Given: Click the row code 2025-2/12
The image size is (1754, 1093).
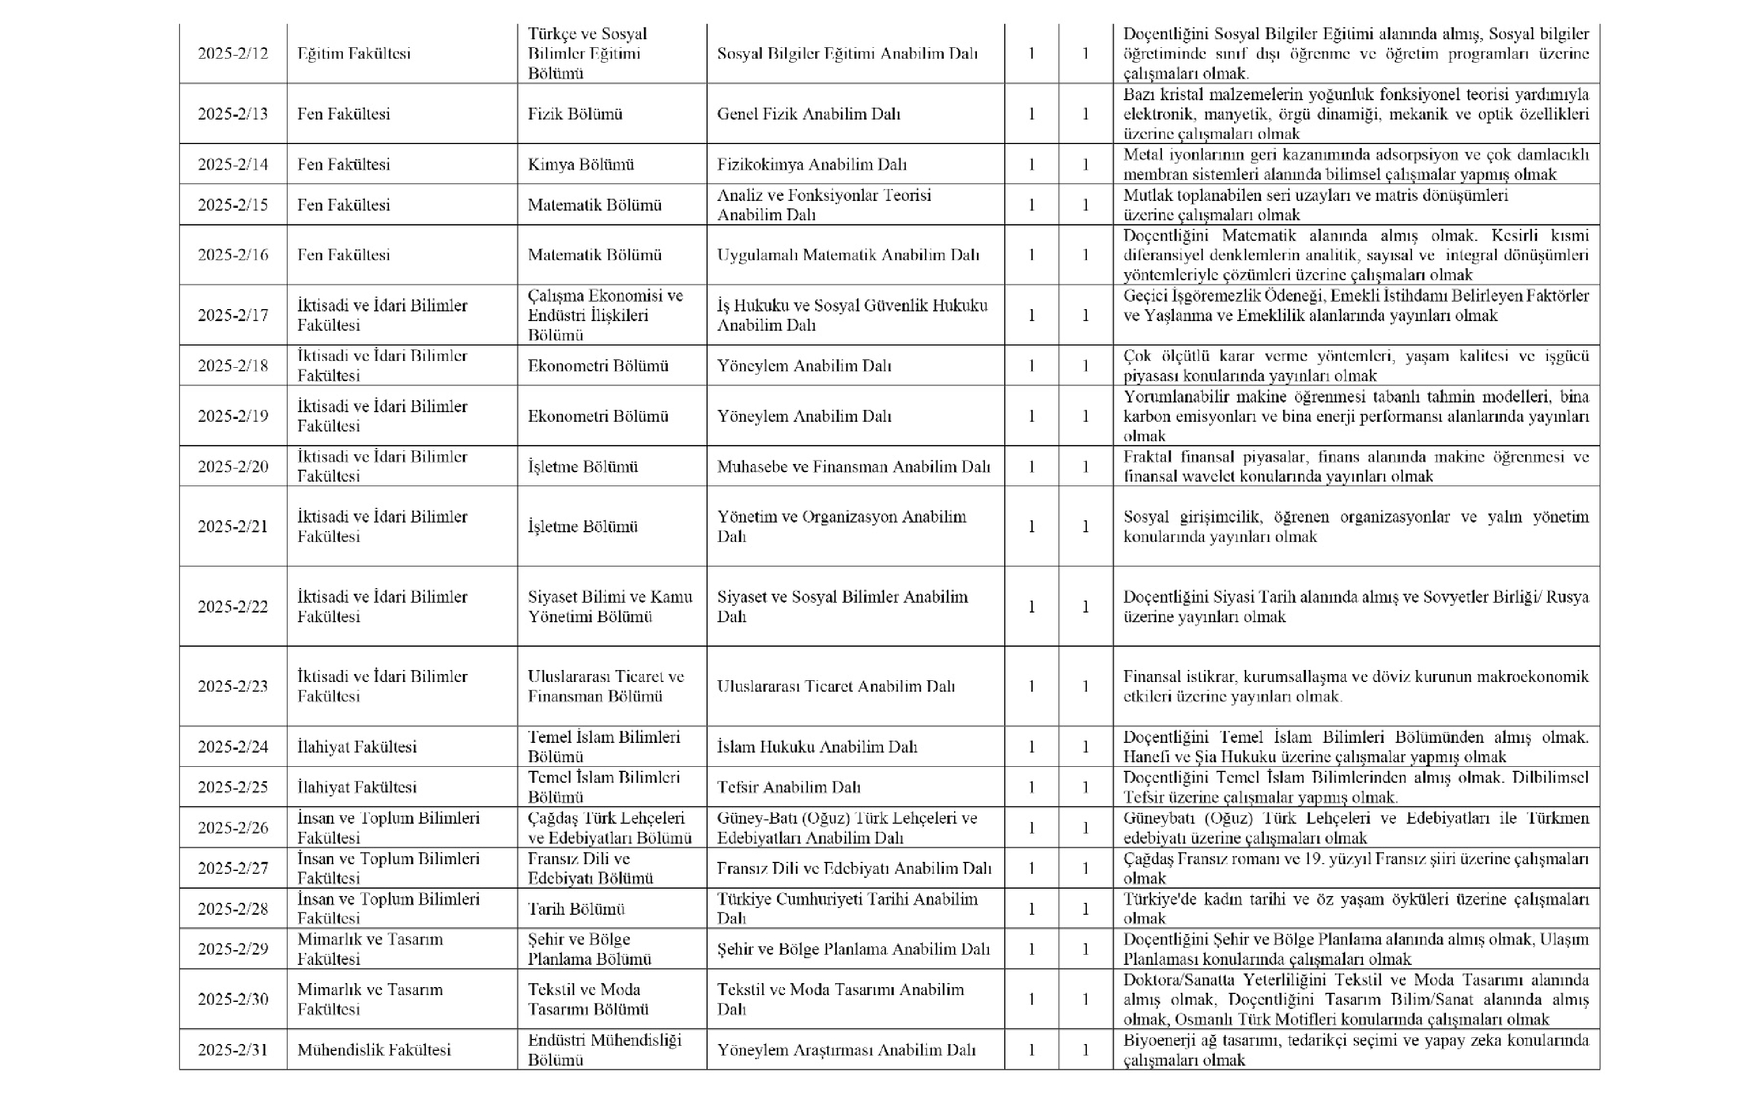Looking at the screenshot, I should pos(233,54).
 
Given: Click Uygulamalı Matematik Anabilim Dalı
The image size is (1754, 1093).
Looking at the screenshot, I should pos(848,255).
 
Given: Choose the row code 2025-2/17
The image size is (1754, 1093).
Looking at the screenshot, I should pos(233,316).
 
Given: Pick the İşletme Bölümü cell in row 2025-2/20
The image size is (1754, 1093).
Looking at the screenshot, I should pos(582,467).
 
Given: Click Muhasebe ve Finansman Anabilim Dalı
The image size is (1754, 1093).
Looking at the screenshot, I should pos(853,467).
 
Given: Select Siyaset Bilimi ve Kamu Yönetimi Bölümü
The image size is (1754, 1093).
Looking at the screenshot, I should pos(609,606).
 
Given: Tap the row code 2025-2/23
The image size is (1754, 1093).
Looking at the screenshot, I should pos(233,687).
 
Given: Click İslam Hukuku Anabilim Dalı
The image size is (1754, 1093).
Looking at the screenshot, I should pos(816,747).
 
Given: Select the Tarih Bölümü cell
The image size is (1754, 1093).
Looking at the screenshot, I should pos(576,909).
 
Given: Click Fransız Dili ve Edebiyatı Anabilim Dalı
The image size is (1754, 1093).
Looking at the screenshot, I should pos(853,868).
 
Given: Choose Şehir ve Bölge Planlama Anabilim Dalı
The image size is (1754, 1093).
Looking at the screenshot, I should pos(853,949).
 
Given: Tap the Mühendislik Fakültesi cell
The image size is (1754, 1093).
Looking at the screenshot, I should pos(373,1050).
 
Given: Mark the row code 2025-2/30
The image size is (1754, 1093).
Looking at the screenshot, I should pos(233,999).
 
